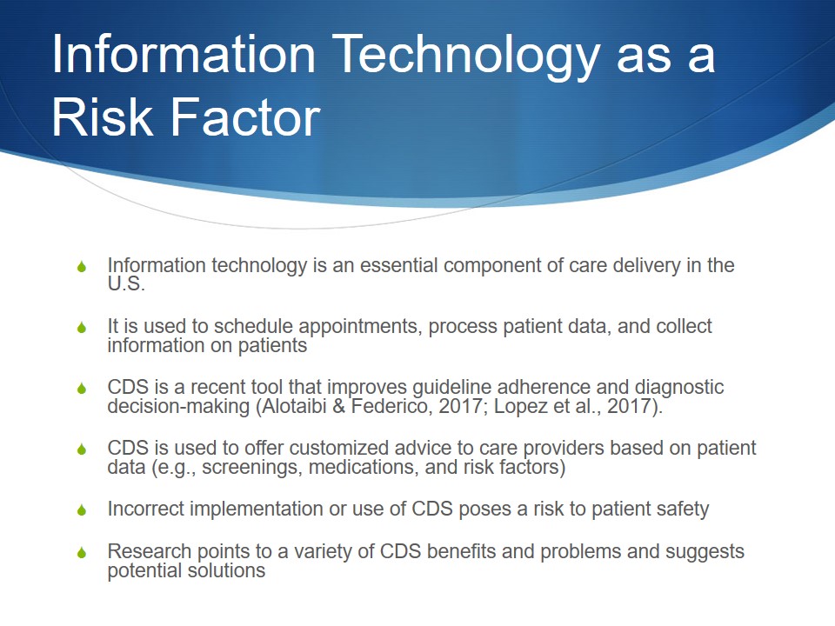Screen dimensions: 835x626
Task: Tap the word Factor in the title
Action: [245, 117]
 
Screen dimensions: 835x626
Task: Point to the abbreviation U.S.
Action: [126, 283]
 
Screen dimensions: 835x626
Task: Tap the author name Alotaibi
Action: [295, 406]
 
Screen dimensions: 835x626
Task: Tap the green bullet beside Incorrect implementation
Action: [82, 510]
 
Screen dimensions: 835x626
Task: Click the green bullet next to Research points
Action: [82, 553]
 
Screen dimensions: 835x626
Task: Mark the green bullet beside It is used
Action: [82, 328]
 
